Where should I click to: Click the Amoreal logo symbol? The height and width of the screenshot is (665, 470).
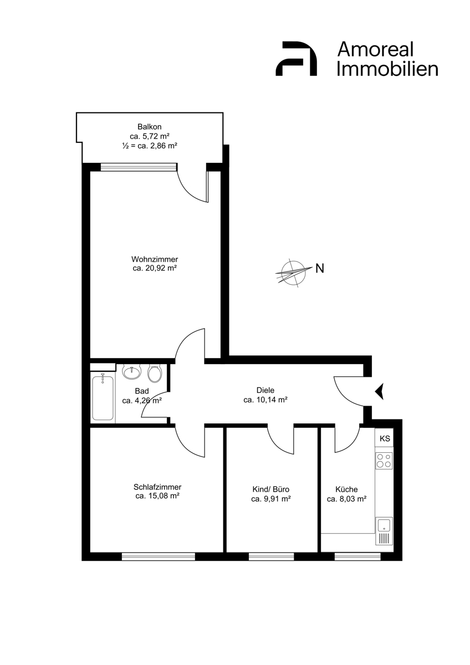(296, 59)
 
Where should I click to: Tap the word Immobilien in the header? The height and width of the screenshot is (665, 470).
(387, 69)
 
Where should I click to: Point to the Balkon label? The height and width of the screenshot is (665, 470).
(149, 127)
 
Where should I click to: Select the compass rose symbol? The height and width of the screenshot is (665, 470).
(293, 273)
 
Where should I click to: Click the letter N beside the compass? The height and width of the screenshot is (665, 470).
(320, 268)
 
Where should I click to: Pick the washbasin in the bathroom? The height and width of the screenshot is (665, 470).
(132, 372)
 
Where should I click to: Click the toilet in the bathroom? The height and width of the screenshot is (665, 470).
(155, 374)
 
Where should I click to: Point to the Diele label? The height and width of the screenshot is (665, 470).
(265, 390)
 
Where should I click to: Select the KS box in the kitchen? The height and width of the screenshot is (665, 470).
(385, 438)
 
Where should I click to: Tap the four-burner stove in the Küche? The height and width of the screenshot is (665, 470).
(384, 461)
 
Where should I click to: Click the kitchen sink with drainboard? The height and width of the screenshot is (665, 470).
(384, 531)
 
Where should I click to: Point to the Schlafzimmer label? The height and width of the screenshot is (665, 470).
(157, 487)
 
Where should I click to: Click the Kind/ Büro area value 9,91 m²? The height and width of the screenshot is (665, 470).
(271, 499)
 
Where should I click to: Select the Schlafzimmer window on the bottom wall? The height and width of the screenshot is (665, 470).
(159, 556)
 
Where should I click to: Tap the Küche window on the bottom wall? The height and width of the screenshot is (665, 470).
(357, 556)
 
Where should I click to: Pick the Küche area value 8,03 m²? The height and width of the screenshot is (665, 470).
(346, 499)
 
